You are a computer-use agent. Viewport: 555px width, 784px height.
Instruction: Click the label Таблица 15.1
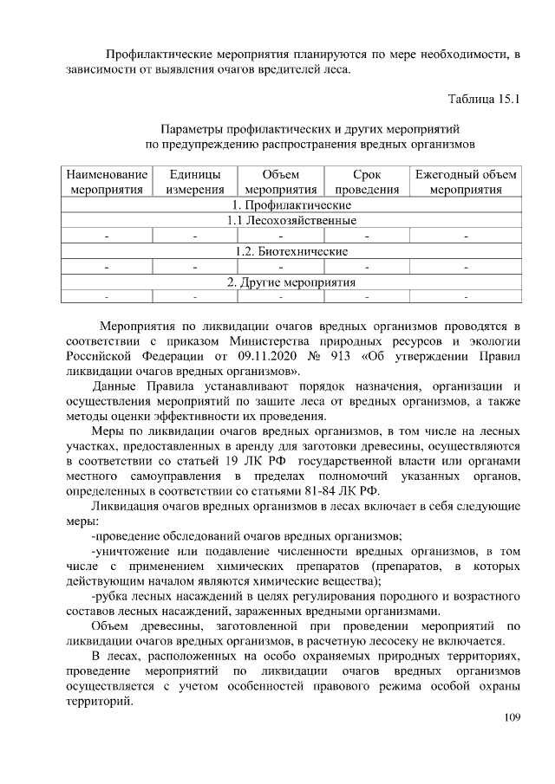click(483, 99)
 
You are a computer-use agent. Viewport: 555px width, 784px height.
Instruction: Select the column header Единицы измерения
click(195, 182)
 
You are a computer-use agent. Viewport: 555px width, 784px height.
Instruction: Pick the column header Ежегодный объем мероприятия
click(466, 182)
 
